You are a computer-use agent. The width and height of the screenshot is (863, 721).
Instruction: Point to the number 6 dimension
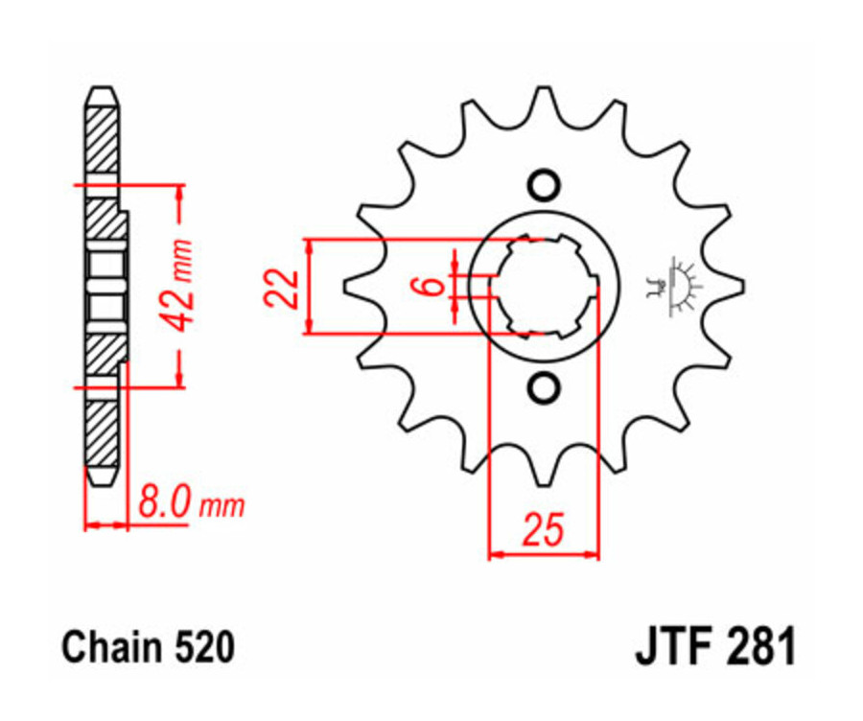pos(432,285)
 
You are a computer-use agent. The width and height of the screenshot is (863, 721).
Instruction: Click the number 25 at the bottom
pos(542,530)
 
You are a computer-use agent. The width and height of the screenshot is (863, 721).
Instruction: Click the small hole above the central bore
pos(544,182)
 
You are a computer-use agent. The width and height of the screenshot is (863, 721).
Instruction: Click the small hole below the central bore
pos(544,387)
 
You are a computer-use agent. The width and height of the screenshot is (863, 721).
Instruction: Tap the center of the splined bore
pos(544,286)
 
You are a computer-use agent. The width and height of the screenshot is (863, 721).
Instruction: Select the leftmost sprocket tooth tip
pos(346,285)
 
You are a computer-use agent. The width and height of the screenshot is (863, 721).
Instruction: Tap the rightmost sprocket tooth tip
pos(742,285)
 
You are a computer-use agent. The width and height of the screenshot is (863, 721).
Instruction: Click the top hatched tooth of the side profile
pos(103,134)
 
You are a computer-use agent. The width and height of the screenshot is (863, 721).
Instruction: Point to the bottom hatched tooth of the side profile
pos(103,436)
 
